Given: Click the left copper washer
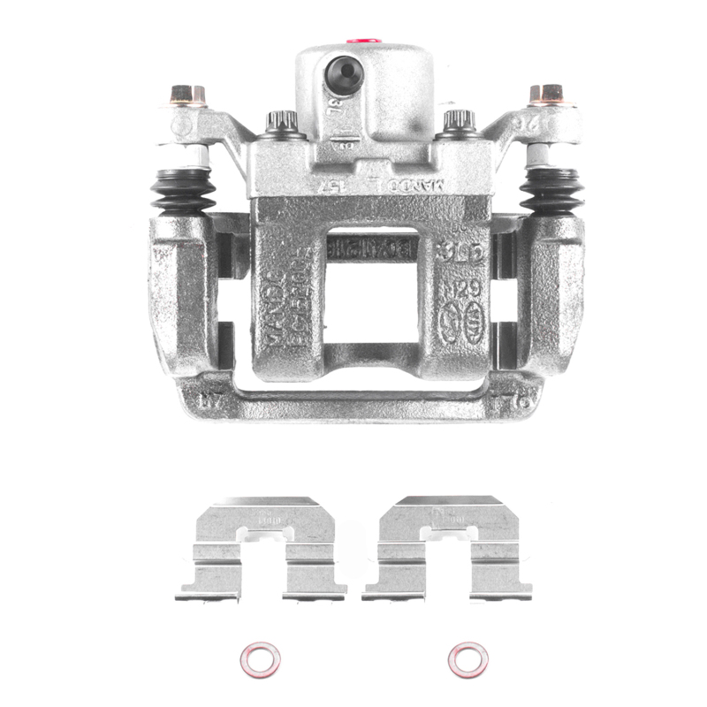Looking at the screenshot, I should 261,658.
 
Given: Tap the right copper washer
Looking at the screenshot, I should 468,658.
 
